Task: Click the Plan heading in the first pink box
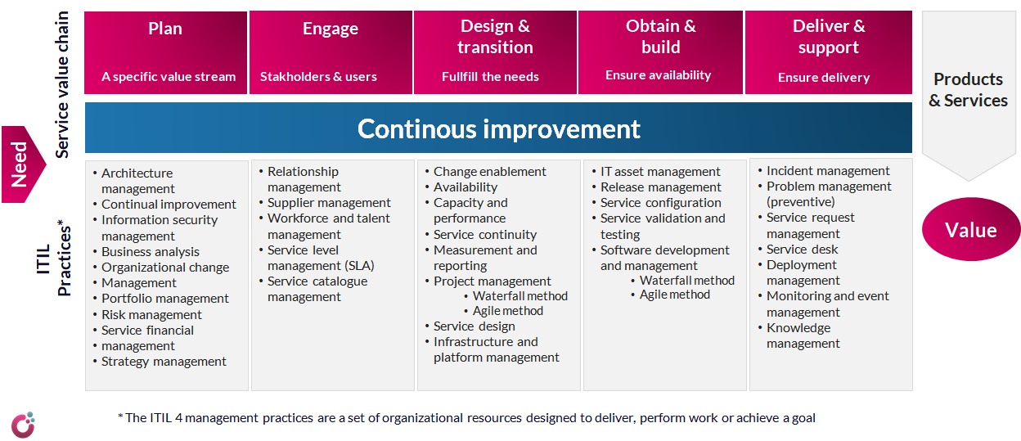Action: click(165, 29)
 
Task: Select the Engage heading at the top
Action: click(331, 29)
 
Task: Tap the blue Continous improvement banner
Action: click(498, 128)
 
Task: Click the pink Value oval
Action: click(970, 230)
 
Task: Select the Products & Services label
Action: click(968, 90)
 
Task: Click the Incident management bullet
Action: click(828, 171)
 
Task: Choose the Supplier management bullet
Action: click(329, 203)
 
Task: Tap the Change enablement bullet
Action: click(489, 172)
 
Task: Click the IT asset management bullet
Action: click(660, 172)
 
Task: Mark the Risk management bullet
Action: click(151, 315)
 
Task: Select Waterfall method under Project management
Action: click(519, 296)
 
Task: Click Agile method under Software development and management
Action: click(674, 295)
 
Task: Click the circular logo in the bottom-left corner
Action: click(23, 424)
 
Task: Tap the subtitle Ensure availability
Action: click(658, 75)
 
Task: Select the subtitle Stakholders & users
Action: click(318, 77)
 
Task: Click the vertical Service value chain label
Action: click(63, 84)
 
